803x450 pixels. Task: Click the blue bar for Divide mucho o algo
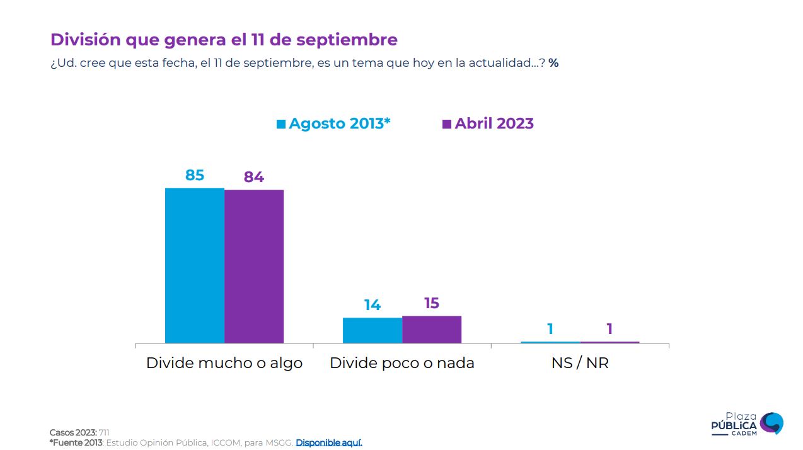195,265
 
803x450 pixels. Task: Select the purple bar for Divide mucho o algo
254,267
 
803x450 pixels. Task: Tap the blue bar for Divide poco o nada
373,330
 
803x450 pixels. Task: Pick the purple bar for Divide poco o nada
432,330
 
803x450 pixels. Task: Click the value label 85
195,175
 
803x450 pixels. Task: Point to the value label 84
254,177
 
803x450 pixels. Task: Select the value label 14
373,305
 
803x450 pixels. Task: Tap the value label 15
432,303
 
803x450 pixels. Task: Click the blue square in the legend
281,124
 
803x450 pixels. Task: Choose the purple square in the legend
447,124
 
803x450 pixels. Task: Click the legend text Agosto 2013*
340,124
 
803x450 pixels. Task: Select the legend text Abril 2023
494,124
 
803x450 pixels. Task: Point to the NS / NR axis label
580,363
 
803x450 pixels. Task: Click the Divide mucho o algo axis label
224,363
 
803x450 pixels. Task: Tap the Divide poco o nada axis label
402,363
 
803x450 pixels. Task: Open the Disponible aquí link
329,442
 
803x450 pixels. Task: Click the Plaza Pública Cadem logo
747,424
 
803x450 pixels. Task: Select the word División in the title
85,40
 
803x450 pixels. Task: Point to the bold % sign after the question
553,63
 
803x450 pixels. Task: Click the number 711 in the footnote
104,432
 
